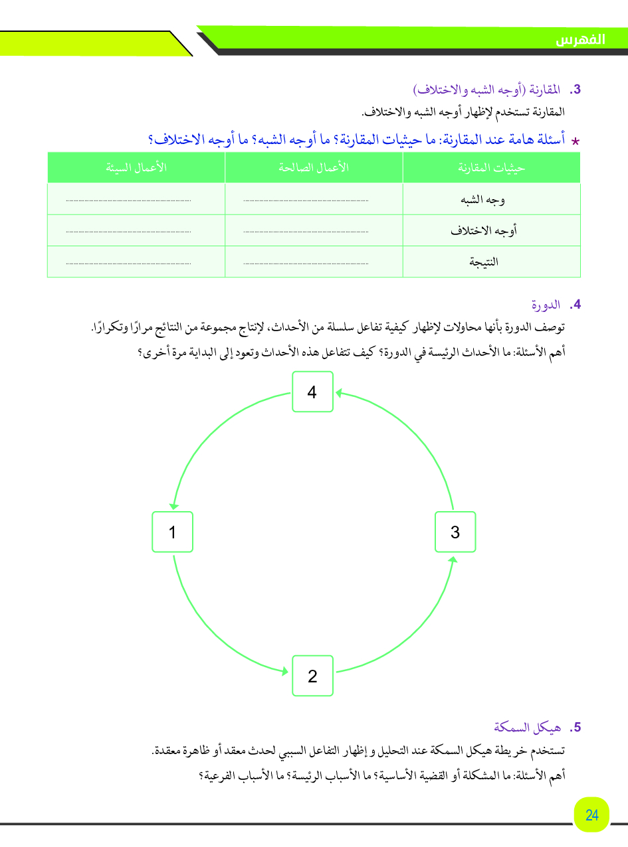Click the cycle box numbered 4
(x=312, y=392)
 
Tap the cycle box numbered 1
(x=172, y=532)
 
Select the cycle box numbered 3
(x=455, y=532)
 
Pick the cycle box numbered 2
(x=312, y=676)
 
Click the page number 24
(x=592, y=814)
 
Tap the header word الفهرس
(x=581, y=39)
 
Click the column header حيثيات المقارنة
(x=492, y=167)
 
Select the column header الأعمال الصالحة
(x=314, y=167)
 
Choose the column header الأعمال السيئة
(x=136, y=167)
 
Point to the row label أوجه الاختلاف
(x=483, y=230)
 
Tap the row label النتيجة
(x=484, y=262)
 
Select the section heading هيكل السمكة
(x=528, y=728)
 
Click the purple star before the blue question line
(x=576, y=141)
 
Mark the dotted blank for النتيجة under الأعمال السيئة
(x=128, y=263)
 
